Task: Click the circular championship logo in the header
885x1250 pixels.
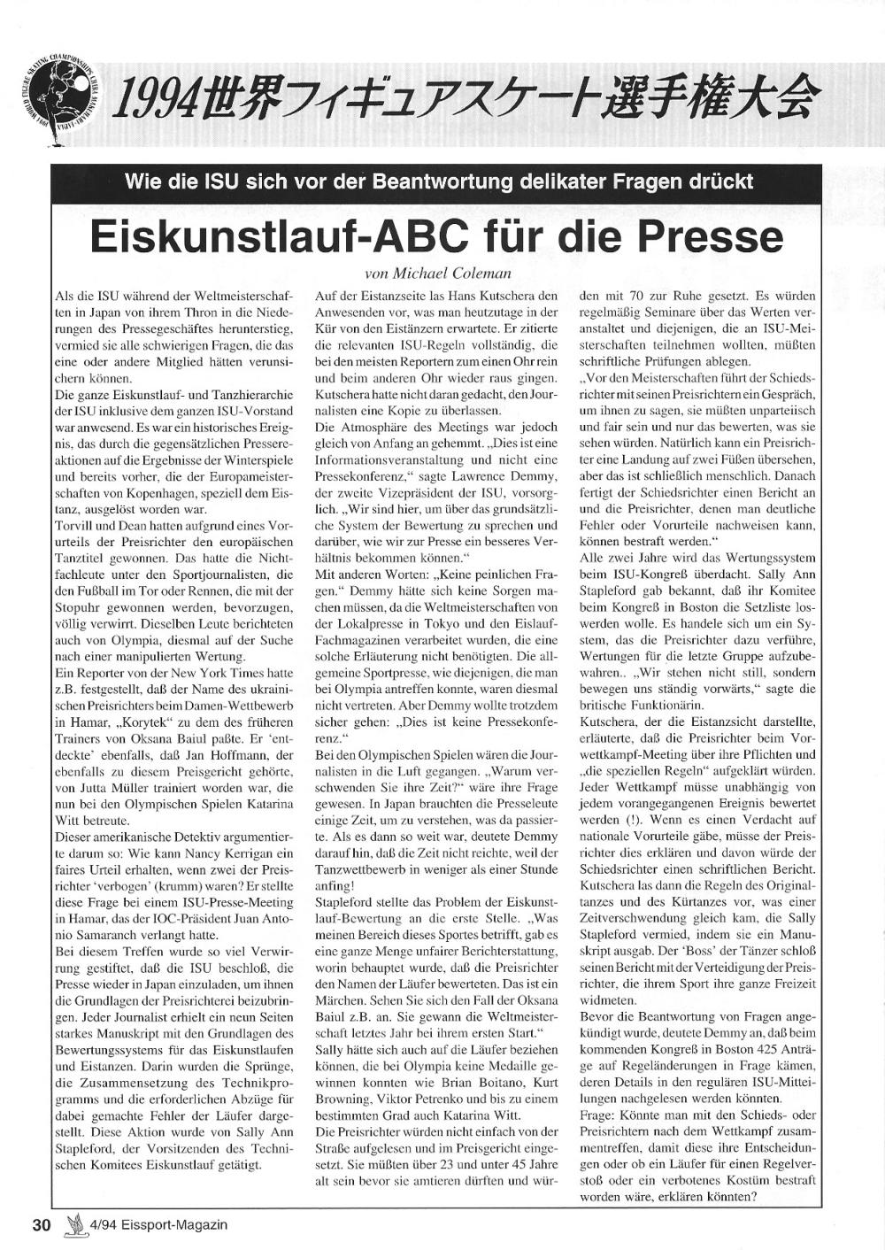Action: [x=59, y=96]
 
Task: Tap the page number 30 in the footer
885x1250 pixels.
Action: [x=42, y=1225]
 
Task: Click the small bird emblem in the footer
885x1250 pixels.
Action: [x=75, y=1224]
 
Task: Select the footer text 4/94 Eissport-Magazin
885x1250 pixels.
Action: [x=158, y=1225]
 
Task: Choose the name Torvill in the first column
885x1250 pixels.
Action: [x=76, y=524]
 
